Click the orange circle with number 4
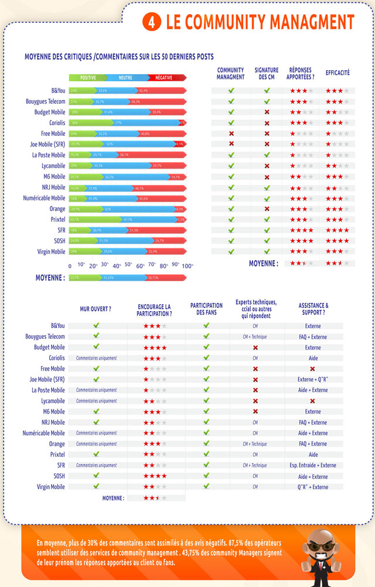point(152,22)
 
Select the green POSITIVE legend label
point(88,77)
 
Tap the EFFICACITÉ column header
point(337,73)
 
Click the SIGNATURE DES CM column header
point(267,73)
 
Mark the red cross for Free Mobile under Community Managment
point(231,134)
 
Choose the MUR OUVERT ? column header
point(96,308)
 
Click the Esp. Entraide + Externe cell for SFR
point(313,465)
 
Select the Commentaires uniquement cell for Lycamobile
point(96,401)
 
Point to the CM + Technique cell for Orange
point(255,444)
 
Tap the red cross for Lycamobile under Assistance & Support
point(313,401)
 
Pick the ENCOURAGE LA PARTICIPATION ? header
point(155,310)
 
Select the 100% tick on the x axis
point(187,266)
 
